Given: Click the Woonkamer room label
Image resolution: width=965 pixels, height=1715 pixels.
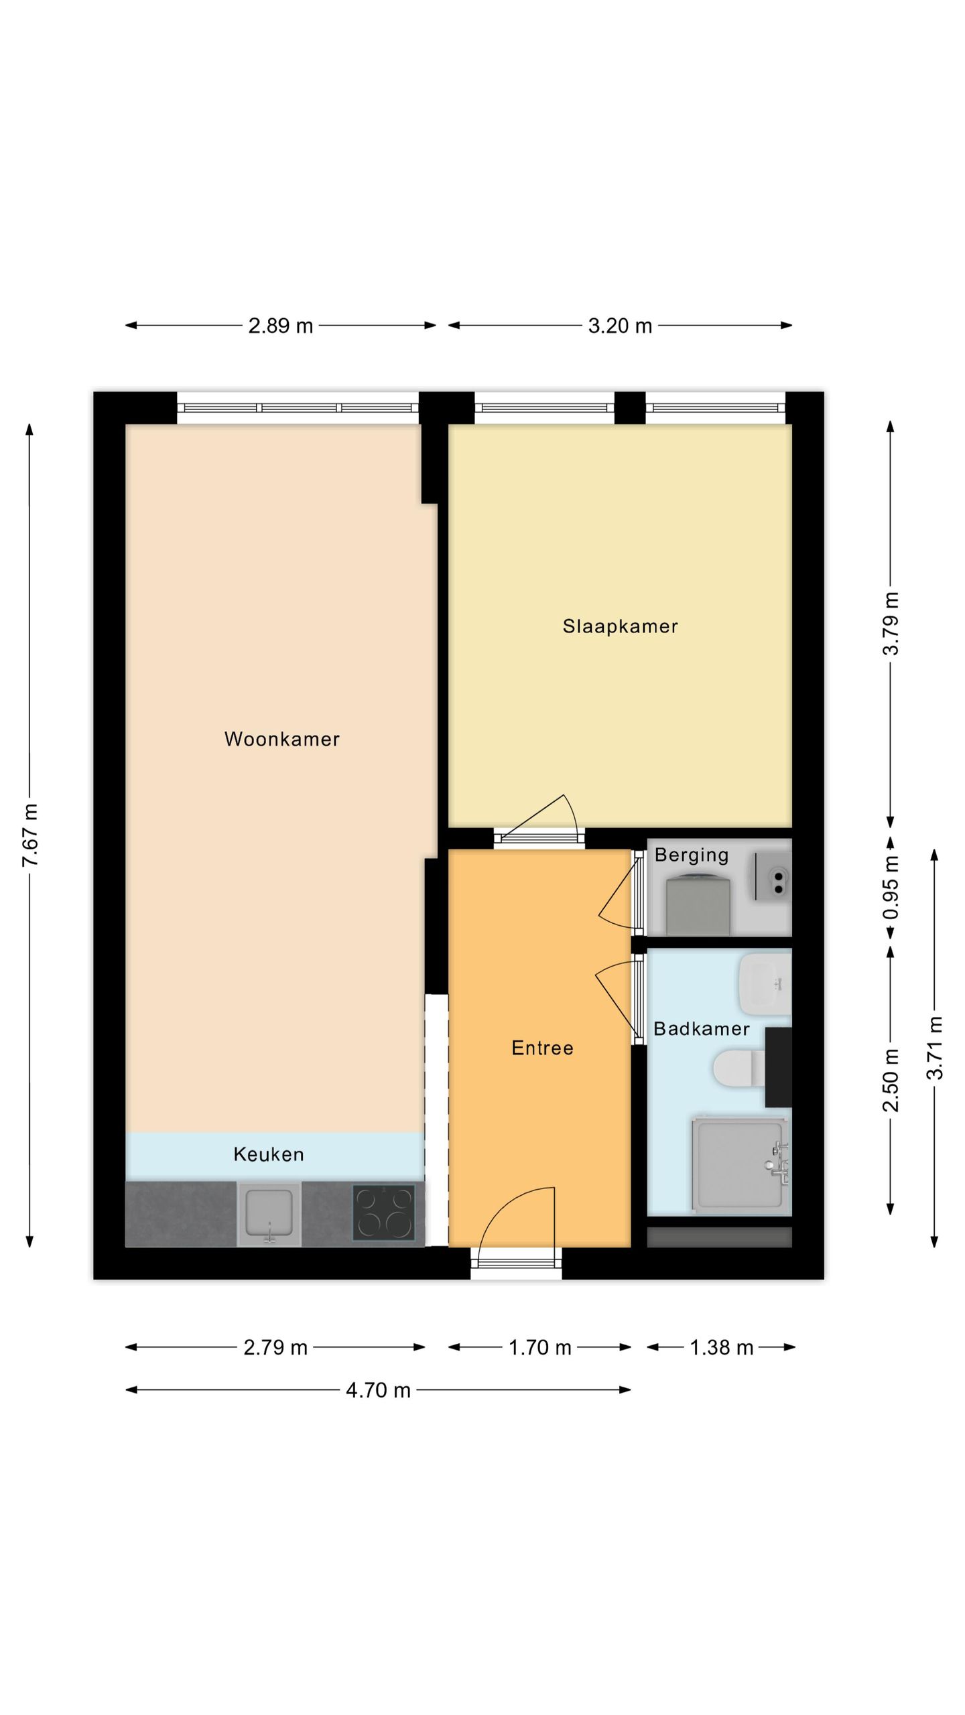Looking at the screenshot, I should (281, 739).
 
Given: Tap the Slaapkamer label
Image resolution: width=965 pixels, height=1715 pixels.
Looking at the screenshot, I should (620, 626).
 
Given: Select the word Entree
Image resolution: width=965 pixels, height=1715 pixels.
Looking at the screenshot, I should (542, 1048).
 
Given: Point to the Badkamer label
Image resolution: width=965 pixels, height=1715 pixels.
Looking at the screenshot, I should (701, 1028).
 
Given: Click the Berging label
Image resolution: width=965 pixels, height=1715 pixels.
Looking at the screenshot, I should (691, 855).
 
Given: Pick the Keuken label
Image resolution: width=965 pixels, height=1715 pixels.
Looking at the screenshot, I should (269, 1154).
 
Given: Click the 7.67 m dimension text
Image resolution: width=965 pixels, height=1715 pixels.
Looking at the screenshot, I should (29, 835).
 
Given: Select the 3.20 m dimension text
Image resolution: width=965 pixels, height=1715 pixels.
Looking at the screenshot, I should (620, 326).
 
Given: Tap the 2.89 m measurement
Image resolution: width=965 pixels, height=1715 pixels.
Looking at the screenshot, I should (281, 326).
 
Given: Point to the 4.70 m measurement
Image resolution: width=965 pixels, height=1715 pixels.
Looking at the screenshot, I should (378, 1390).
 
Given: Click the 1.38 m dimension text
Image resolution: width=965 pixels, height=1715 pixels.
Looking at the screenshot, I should (722, 1347).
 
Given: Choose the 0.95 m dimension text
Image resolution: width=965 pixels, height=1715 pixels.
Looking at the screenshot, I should (891, 888).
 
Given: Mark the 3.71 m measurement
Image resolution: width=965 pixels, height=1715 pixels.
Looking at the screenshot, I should (935, 1048).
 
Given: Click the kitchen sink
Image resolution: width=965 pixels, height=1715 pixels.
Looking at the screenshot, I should (269, 1213).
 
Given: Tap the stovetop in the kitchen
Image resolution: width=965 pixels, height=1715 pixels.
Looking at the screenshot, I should (384, 1213).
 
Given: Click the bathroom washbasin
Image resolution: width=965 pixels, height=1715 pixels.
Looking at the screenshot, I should (764, 984).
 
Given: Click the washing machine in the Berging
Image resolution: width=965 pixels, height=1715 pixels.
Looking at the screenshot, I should (698, 905).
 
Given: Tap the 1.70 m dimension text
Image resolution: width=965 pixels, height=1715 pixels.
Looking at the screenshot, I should (539, 1347).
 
